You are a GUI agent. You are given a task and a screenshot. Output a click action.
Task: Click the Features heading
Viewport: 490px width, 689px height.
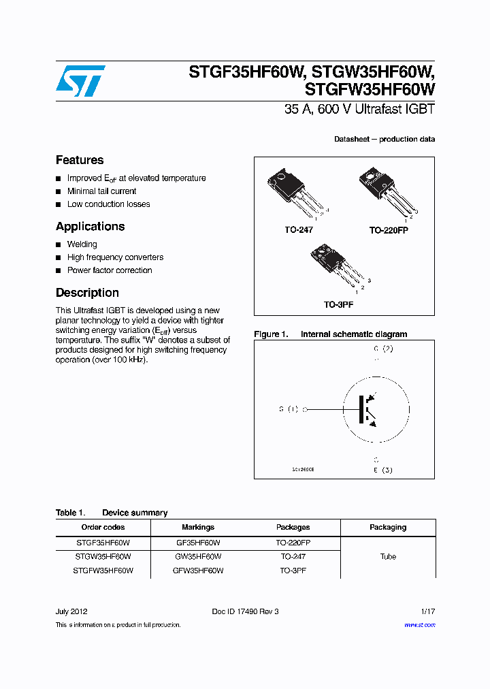click(x=80, y=160)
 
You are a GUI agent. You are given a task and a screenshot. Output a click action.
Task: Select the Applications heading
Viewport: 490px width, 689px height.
click(x=90, y=227)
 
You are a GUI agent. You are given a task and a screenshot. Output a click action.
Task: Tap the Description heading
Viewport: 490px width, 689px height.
click(x=87, y=293)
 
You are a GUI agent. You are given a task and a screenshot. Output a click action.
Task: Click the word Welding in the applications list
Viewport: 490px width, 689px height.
click(x=82, y=244)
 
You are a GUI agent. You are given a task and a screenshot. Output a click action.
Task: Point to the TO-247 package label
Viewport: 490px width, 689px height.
click(x=298, y=230)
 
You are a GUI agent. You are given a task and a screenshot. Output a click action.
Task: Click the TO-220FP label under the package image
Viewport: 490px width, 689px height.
click(x=389, y=231)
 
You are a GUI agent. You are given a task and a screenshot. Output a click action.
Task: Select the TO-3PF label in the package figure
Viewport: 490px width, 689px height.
click(x=338, y=305)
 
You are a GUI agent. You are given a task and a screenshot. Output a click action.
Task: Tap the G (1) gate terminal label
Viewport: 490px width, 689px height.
click(x=289, y=409)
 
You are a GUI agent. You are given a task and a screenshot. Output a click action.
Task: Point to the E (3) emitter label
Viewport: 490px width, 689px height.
click(x=382, y=470)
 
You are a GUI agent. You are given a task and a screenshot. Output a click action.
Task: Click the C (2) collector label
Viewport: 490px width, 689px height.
click(x=383, y=349)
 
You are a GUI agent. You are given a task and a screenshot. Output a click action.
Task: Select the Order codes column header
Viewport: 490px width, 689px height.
click(x=103, y=527)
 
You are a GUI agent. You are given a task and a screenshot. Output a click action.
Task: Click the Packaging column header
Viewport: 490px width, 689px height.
click(x=388, y=527)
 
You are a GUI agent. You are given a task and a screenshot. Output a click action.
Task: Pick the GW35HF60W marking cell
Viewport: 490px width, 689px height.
click(x=198, y=556)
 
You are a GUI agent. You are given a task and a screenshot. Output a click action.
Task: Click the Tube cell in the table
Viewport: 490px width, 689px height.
click(x=388, y=556)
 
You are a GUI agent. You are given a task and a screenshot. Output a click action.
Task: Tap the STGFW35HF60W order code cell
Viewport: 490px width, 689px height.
click(x=103, y=571)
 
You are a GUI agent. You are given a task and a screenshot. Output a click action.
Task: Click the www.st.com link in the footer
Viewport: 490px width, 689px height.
click(x=419, y=624)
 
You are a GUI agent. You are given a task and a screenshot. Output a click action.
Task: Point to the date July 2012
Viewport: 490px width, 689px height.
click(x=71, y=611)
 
